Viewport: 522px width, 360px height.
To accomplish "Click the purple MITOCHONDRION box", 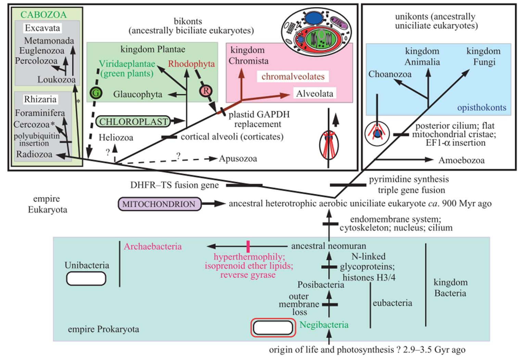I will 159,204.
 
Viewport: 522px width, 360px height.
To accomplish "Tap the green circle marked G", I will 96,92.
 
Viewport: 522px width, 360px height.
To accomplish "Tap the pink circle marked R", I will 206,91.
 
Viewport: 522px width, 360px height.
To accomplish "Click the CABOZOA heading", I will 43,15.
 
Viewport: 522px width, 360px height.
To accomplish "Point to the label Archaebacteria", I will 153,246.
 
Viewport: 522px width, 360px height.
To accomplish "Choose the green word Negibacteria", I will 324,325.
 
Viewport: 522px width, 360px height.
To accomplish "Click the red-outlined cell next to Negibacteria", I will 273,327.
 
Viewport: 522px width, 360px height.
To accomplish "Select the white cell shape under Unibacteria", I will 86,279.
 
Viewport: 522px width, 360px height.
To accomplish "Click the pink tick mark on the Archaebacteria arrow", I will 248,246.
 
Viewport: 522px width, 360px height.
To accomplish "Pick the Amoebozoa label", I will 461,160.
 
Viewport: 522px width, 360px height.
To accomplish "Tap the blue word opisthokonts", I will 482,108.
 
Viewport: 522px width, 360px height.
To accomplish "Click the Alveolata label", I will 315,94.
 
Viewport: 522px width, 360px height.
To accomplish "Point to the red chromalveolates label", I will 293,76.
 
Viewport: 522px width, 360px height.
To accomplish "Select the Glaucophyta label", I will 138,94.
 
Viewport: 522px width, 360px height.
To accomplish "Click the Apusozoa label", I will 238,159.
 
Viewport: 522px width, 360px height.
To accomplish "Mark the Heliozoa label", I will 116,138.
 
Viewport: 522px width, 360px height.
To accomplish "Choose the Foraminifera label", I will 40,113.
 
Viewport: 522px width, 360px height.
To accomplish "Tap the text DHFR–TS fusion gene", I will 175,185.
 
